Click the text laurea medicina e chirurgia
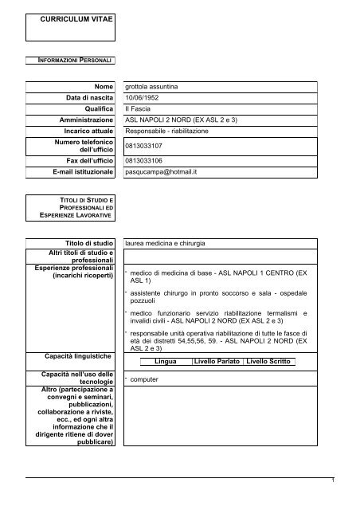tap(176, 241)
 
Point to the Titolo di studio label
tap(89, 241)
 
